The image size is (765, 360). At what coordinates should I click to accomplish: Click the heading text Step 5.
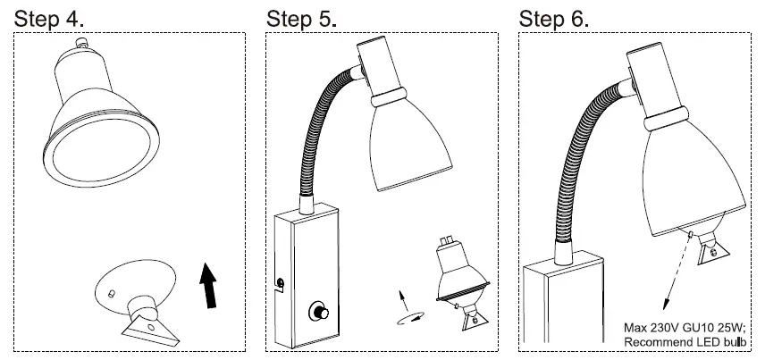(x=302, y=18)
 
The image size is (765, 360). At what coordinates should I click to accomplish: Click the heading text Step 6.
(x=555, y=18)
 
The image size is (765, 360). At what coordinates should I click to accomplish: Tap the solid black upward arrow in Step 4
(x=208, y=285)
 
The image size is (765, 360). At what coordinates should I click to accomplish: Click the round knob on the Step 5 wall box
(x=317, y=312)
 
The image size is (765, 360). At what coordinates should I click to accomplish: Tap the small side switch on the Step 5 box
(x=281, y=284)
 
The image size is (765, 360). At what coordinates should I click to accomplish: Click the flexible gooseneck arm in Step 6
(x=581, y=152)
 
